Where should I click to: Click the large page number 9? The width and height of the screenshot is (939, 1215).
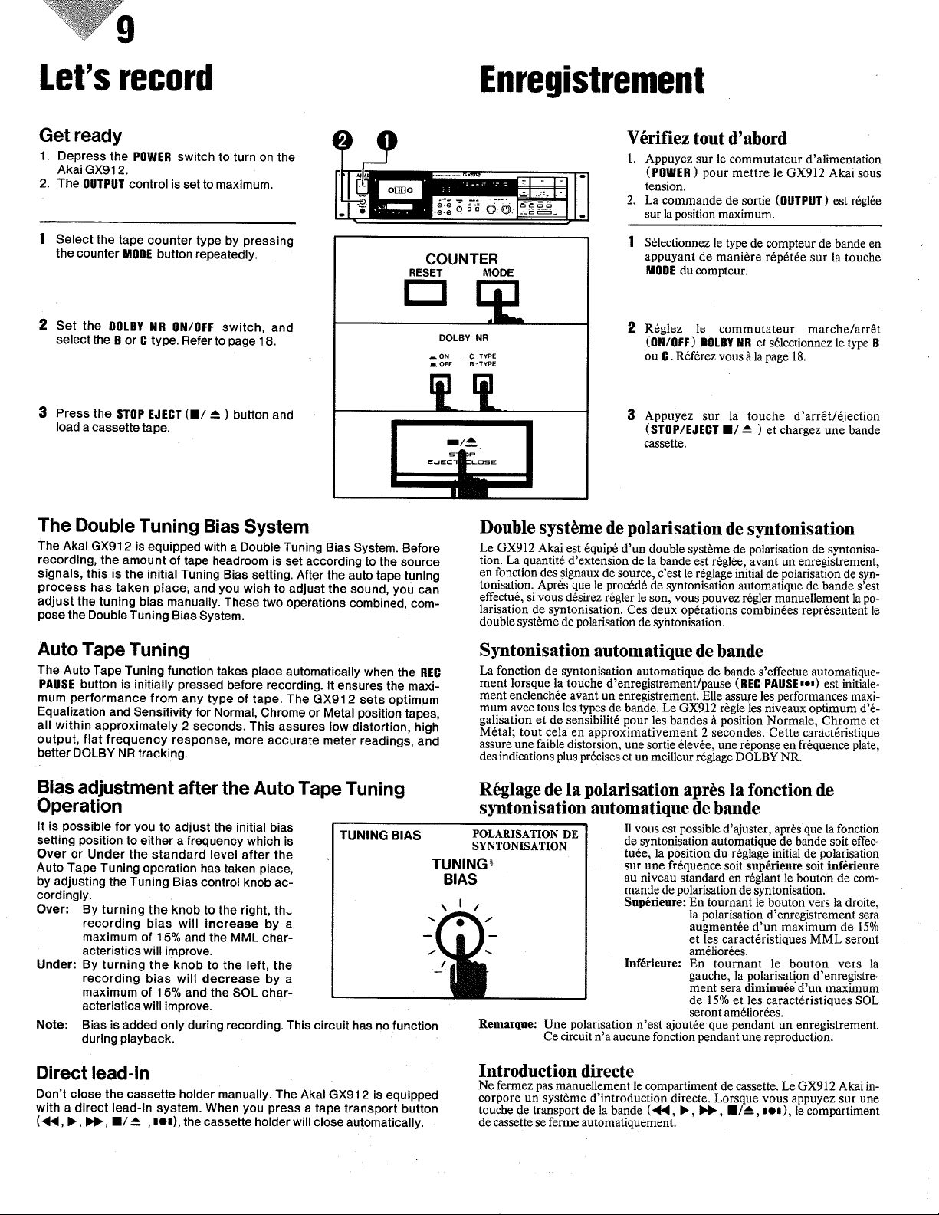(x=126, y=31)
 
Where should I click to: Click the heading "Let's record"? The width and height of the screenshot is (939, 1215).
(x=126, y=77)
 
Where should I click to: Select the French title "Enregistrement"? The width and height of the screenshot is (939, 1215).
(x=592, y=80)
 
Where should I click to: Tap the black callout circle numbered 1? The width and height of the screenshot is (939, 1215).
(x=387, y=141)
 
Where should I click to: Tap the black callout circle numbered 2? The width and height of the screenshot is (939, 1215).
(x=343, y=141)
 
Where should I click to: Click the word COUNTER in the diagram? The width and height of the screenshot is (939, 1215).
(x=461, y=259)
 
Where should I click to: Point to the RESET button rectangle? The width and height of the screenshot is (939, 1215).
(x=426, y=293)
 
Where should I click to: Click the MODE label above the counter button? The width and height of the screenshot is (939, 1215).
(x=498, y=273)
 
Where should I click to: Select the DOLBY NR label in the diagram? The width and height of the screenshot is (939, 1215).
(x=463, y=338)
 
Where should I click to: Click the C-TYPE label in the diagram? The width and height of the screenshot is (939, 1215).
(x=483, y=356)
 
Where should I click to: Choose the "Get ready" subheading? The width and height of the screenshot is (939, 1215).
(x=80, y=136)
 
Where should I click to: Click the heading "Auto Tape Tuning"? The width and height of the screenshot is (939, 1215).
(x=113, y=650)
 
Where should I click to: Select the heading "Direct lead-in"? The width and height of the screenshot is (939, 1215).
(x=93, y=1072)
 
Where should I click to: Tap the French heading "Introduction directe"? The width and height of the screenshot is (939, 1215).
(x=557, y=1071)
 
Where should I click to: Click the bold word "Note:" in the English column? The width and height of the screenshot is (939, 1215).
(x=52, y=1025)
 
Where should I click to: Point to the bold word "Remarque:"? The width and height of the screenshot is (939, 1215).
(x=507, y=1024)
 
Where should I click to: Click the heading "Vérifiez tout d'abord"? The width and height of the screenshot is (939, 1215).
(x=707, y=138)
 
